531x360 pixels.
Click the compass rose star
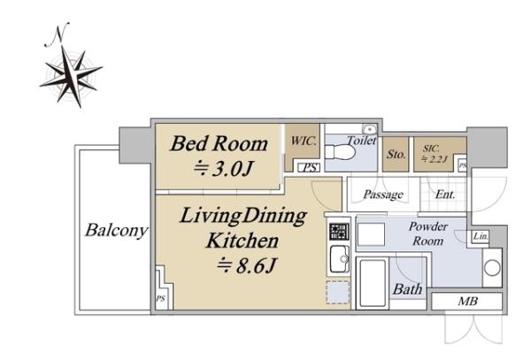71,76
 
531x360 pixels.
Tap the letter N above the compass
58,34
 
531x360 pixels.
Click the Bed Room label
219,143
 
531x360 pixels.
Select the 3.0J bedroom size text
224,168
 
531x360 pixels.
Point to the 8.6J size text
247,265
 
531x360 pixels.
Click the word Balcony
117,230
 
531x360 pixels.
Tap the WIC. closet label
303,141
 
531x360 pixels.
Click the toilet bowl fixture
340,152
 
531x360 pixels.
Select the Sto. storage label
396,154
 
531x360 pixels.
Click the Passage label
383,195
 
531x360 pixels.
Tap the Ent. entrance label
445,195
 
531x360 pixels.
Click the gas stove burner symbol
339,232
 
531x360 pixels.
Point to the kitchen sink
339,259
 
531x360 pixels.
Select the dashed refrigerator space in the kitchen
338,292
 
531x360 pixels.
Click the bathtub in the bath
373,283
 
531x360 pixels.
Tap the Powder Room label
428,234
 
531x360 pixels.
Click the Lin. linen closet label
481,236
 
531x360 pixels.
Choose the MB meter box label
467,301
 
